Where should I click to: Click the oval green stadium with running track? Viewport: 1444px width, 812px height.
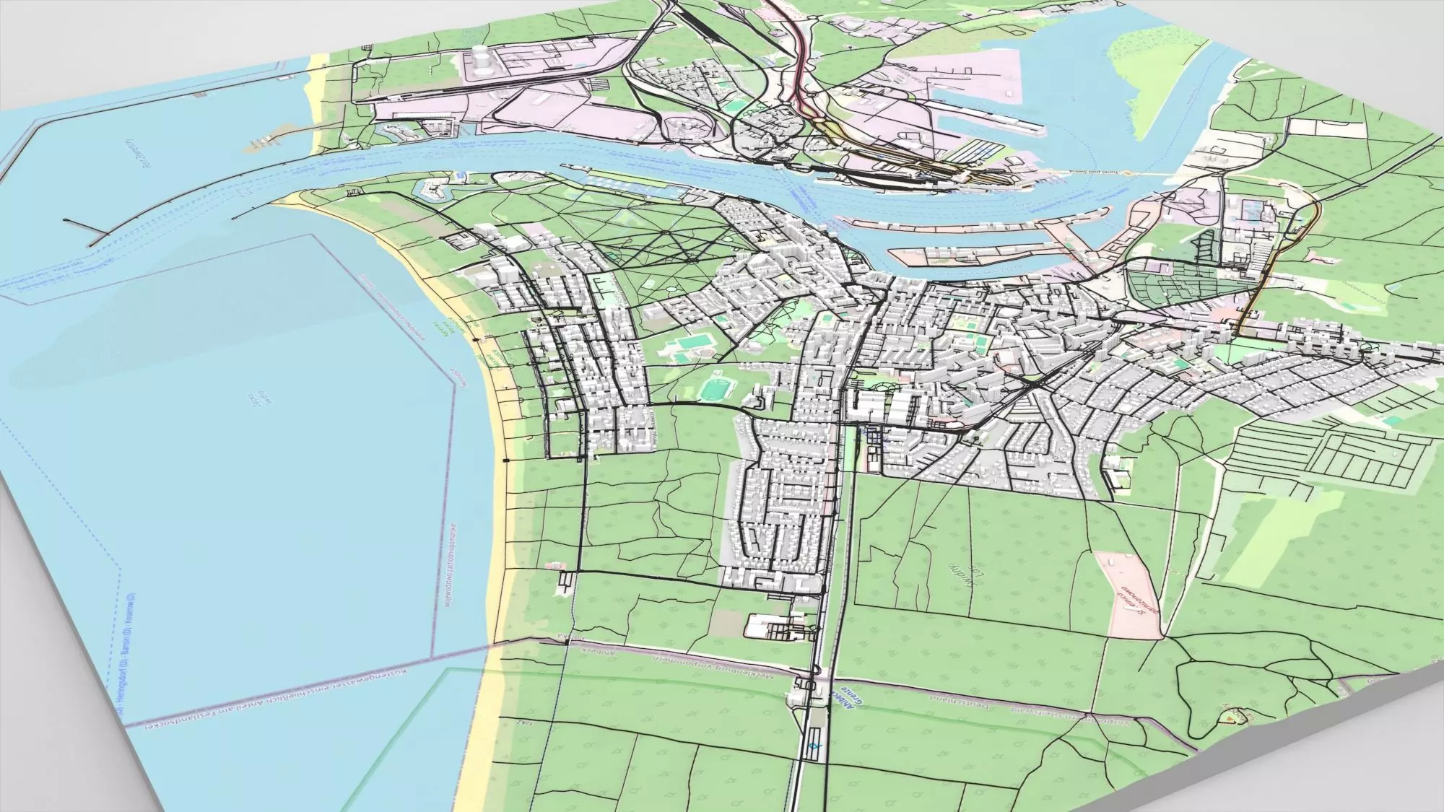716,389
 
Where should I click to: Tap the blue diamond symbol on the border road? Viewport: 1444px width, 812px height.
814,747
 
